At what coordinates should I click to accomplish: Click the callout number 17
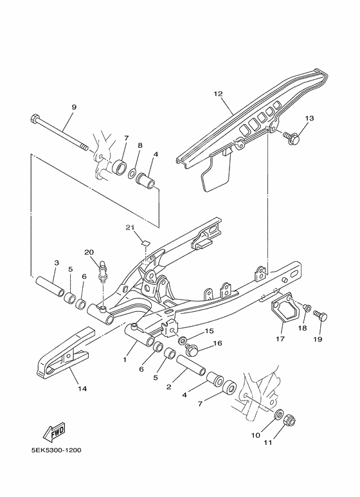pos(281,339)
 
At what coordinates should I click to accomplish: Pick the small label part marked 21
pos(145,243)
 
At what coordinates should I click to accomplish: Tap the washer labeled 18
pos(307,308)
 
